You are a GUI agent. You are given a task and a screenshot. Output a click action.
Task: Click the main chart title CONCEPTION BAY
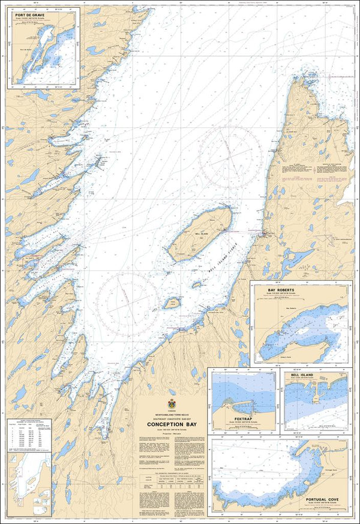[x=174, y=424]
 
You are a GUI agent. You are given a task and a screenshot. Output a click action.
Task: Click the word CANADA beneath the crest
[x=174, y=411]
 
